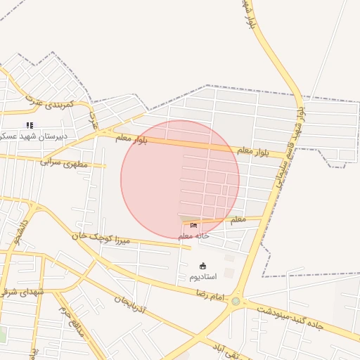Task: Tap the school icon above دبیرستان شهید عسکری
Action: coord(30,125)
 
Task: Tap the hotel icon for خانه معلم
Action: coord(193,225)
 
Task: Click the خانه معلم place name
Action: coord(193,236)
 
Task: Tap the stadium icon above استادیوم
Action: coord(203,266)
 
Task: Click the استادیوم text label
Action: coord(203,276)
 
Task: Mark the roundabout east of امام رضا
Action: coord(236,301)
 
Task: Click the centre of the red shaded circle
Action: coord(180,179)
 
